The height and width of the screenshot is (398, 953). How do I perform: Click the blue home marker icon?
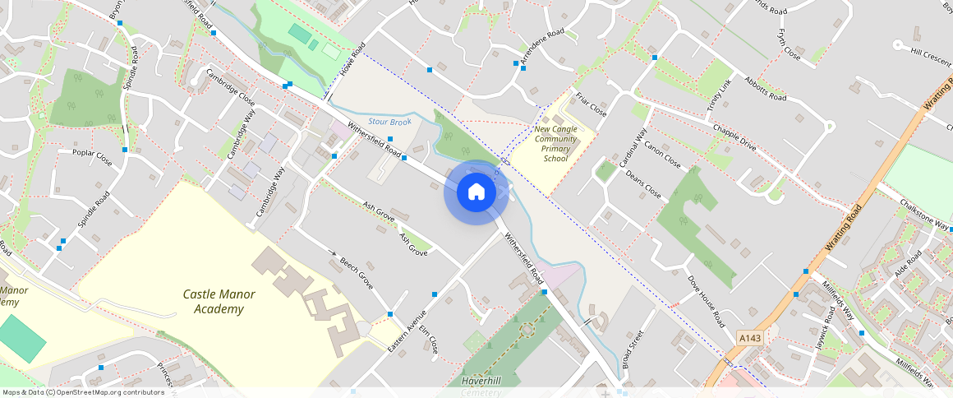tap(476, 192)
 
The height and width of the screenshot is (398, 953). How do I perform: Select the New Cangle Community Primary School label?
tap(555, 143)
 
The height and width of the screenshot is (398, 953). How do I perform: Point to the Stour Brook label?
tap(389, 122)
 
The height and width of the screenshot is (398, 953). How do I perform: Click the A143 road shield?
tap(749, 338)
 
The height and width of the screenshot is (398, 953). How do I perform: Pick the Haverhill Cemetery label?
tap(481, 386)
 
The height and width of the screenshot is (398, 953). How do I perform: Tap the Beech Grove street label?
tap(357, 273)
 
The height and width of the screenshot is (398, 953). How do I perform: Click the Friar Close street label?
tap(591, 104)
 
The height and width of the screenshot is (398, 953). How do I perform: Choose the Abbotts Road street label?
tap(765, 88)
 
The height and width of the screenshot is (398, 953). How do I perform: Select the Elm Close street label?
tap(428, 340)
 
